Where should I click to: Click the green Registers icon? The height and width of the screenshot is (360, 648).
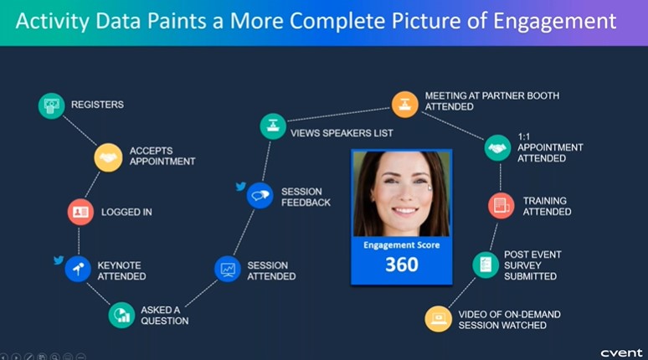point(51,105)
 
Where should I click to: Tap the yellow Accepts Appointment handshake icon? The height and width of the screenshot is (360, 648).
point(108,157)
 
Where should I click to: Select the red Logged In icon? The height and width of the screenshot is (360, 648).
point(80,212)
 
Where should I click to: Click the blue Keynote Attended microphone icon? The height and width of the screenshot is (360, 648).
point(78,269)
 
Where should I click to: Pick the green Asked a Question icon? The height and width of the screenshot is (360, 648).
point(121,316)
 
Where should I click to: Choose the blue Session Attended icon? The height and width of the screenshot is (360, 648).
point(227,269)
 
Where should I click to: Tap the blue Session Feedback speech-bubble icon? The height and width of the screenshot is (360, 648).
point(260,196)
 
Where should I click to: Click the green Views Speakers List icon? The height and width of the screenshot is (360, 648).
point(273,126)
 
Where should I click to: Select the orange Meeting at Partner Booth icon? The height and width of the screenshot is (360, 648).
point(404,105)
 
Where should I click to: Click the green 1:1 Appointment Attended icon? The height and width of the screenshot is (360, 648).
point(497,147)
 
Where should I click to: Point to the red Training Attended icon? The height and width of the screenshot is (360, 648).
point(501,205)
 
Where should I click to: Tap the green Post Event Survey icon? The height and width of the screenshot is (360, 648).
point(486,265)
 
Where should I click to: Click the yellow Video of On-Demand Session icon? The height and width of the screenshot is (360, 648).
point(438,319)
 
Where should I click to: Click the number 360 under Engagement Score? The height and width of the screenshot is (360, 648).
point(402,265)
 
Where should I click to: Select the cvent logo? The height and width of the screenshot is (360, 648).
point(621,353)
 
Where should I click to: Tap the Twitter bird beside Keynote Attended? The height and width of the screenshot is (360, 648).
point(59,260)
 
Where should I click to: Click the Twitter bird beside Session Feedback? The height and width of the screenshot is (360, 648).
point(241,187)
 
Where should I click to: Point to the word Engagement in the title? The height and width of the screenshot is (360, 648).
point(554,22)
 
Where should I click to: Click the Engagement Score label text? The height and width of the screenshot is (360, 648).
point(401,245)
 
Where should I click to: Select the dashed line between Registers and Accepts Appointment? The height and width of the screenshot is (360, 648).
point(80,131)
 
